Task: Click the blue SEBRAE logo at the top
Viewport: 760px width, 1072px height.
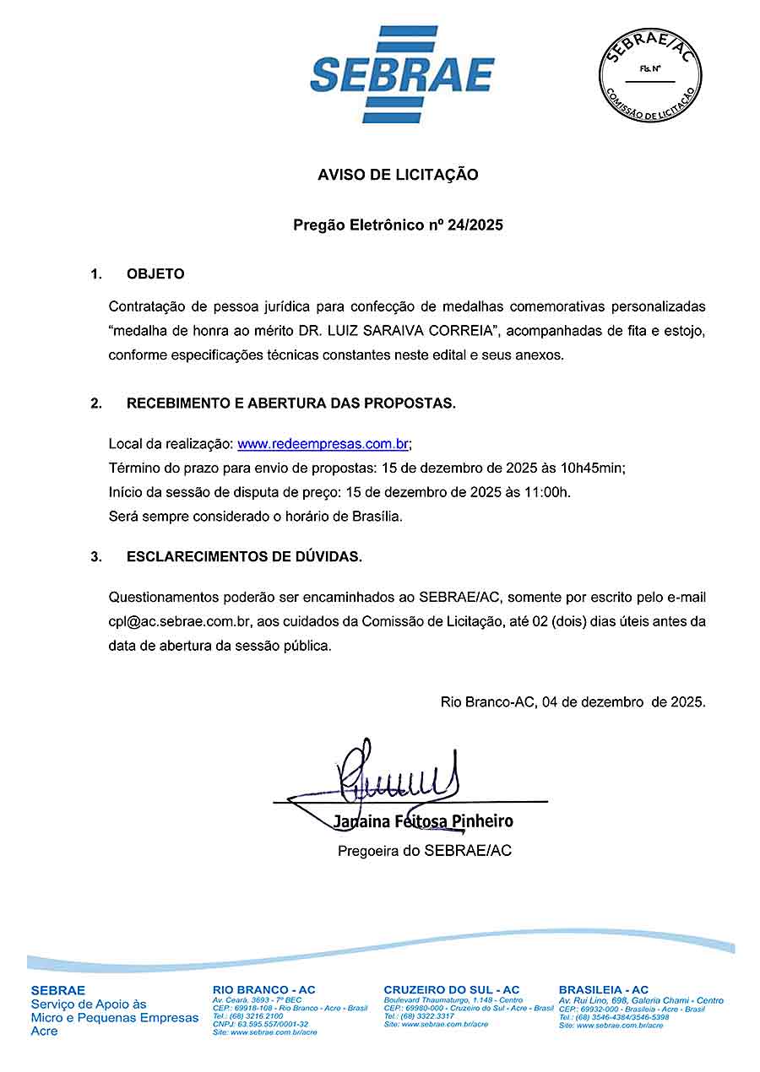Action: (x=402, y=74)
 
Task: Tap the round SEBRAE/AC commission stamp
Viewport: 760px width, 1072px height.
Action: (x=651, y=75)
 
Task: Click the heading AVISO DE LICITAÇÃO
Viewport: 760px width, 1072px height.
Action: (x=398, y=175)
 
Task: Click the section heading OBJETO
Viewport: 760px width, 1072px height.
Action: (x=155, y=274)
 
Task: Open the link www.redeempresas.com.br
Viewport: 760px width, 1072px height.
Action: (x=323, y=444)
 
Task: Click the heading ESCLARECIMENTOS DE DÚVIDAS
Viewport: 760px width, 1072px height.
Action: (x=244, y=557)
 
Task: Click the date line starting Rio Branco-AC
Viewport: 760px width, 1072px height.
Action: (x=573, y=701)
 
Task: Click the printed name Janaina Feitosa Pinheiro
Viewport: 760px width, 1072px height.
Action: (x=422, y=821)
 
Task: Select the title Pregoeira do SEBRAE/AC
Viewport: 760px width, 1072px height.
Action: (x=425, y=851)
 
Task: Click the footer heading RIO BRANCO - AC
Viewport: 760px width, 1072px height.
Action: (x=264, y=990)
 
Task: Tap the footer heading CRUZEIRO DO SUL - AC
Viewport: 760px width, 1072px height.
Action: (x=452, y=990)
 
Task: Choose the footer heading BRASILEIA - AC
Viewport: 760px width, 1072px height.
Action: (x=604, y=990)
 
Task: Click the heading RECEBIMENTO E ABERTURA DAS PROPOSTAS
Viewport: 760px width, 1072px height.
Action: (x=291, y=403)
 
